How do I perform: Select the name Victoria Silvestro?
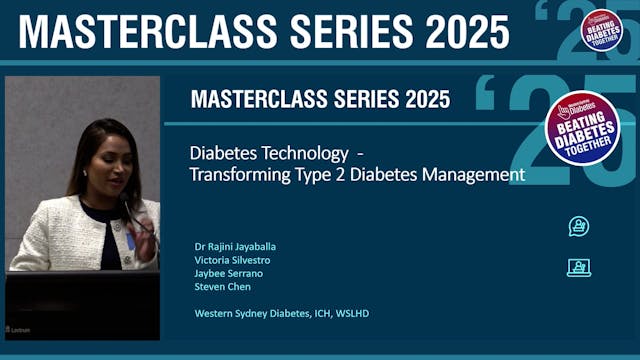(232, 259)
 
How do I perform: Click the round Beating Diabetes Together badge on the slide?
(582, 128)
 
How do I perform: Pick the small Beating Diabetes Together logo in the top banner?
(602, 28)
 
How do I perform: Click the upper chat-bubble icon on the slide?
(578, 226)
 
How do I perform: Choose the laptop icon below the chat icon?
(578, 267)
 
